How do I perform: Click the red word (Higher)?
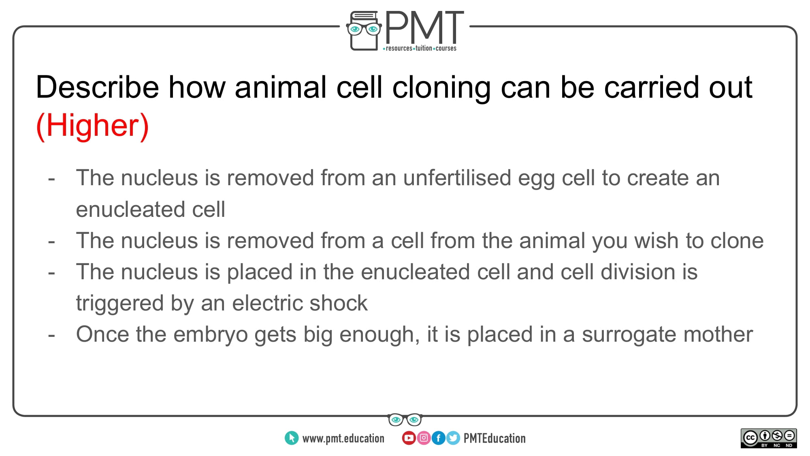92,126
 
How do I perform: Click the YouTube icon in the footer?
409,438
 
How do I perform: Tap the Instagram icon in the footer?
424,438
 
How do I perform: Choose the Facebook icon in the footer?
438,438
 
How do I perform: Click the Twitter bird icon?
453,438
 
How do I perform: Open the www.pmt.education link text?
343,439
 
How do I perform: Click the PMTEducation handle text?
495,438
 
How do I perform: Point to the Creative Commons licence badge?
769,438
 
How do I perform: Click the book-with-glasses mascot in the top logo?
364,31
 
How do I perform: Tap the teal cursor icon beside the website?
292,438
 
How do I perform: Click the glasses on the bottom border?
405,420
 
